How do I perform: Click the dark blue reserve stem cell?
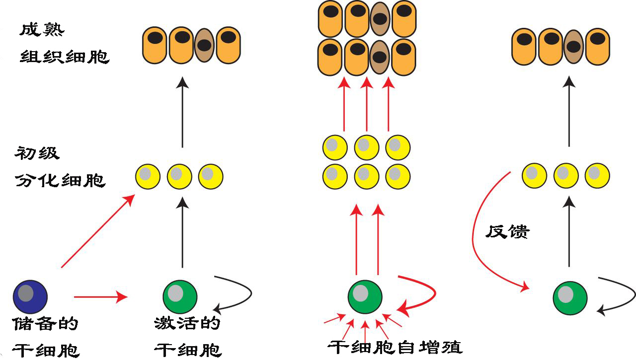point(30,296)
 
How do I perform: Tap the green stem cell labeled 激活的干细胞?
point(180,296)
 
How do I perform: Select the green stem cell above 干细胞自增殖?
point(365,296)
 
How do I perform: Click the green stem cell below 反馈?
point(570,298)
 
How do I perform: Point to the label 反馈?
point(508,231)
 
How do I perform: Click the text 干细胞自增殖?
point(395,346)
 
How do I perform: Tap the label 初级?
point(37,153)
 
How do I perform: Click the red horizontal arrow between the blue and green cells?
point(100,297)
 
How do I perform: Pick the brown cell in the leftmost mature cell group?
point(204,45)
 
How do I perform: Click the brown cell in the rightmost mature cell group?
point(573,47)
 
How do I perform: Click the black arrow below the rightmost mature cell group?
point(569,112)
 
